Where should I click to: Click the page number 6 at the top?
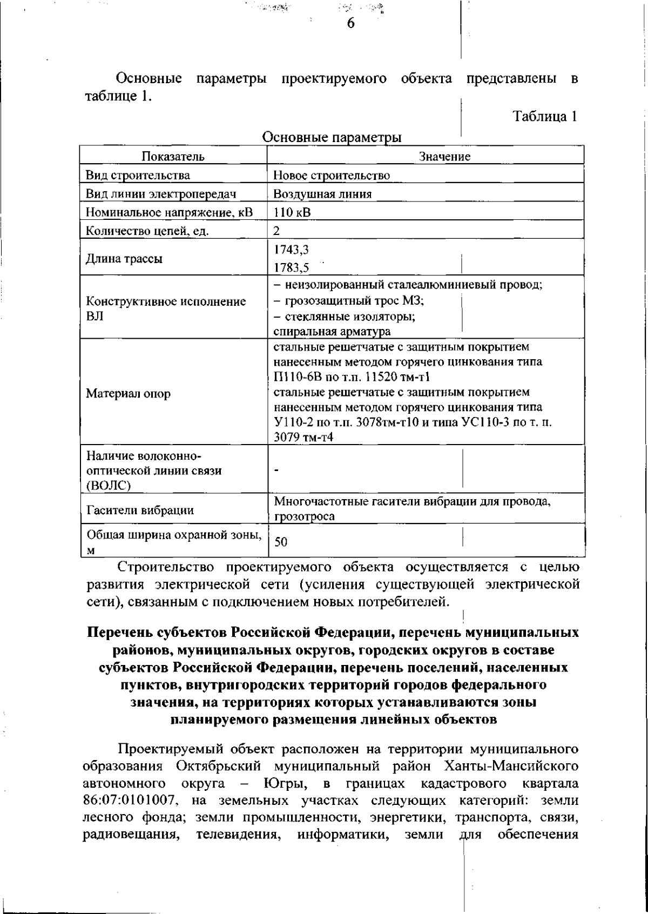pos(350,23)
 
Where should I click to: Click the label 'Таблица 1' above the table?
pos(545,116)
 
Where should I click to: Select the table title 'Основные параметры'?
pos(332,137)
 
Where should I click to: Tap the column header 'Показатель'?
pos(173,157)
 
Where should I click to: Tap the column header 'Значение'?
pos(444,157)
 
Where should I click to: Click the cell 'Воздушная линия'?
pos(322,194)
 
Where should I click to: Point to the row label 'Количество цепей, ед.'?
pos(147,231)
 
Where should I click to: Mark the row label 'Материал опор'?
pos(128,394)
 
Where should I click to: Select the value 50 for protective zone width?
pos(281,542)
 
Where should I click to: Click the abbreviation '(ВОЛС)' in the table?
pos(109,485)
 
